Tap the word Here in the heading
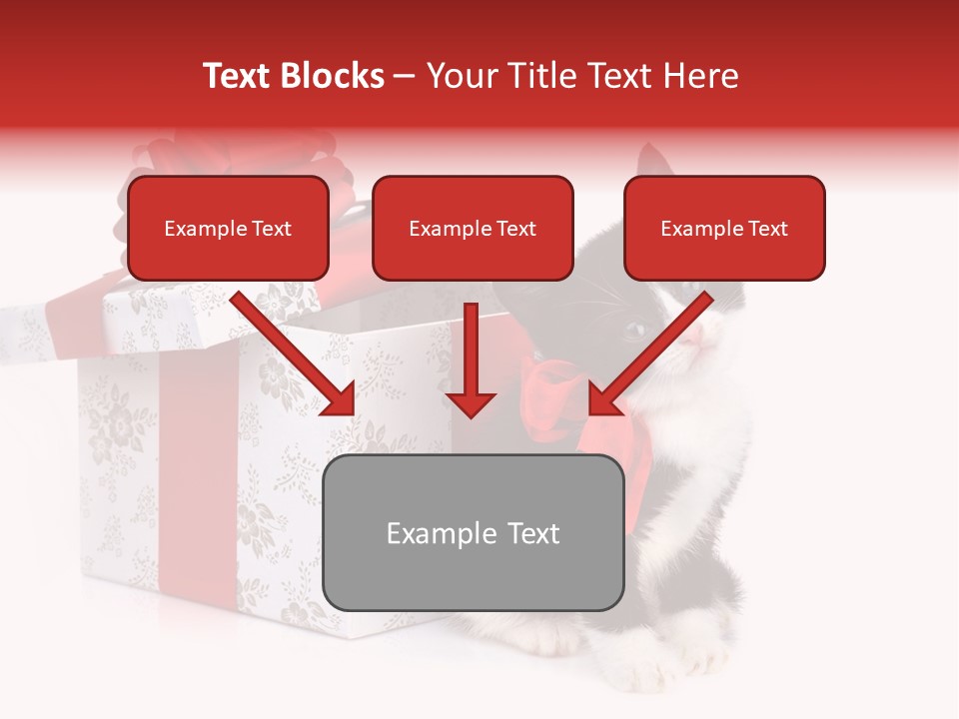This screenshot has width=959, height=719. (x=699, y=76)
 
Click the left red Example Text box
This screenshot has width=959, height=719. (x=228, y=228)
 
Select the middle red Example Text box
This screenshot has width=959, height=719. (x=473, y=228)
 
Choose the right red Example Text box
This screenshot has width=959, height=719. (x=724, y=228)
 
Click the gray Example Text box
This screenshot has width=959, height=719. (x=473, y=532)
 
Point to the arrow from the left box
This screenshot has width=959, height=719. (x=295, y=355)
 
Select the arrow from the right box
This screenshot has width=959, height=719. (x=649, y=355)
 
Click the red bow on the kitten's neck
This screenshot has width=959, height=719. (x=559, y=399)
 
